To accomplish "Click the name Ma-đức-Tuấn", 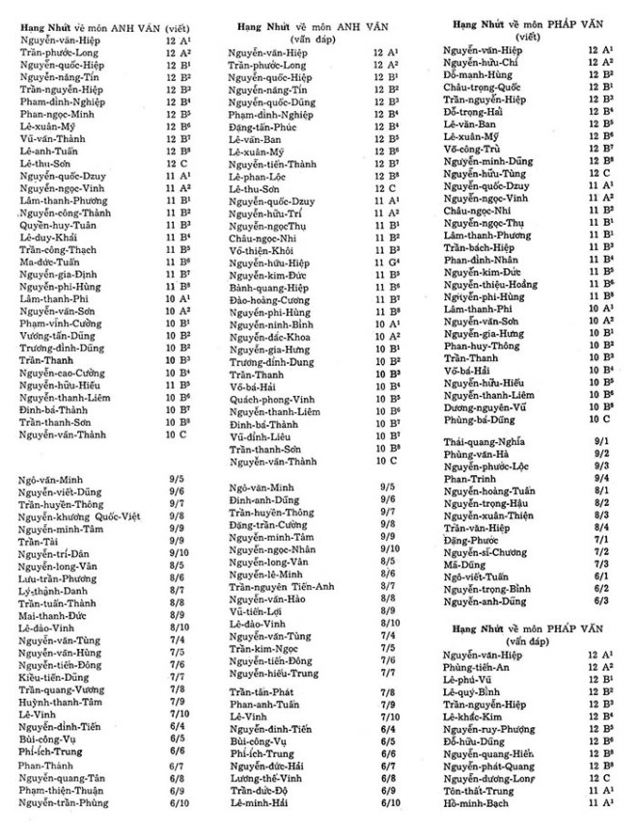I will coord(50,261).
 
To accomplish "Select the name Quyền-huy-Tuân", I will coord(57,223).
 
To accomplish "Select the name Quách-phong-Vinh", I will coord(274,399).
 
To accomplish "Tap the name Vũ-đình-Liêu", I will coord(262,436).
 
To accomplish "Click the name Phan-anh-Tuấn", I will coord(263,705).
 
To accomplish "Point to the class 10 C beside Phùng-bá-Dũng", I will coord(599,420).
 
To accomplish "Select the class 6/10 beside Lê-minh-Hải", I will coord(390,802).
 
